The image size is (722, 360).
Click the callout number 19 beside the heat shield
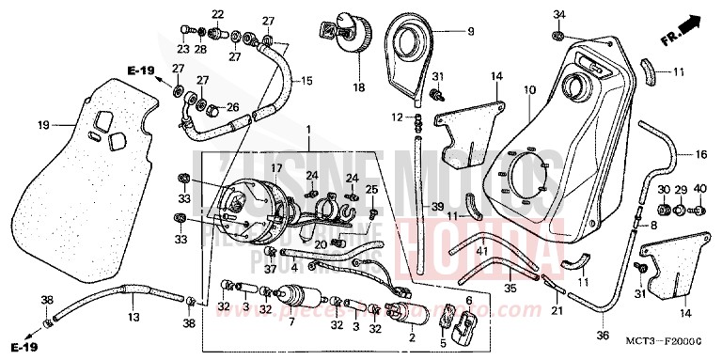[44, 124]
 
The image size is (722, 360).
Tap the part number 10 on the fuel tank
[530, 90]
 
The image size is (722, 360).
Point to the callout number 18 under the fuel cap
[357, 87]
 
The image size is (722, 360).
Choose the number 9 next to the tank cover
[469, 31]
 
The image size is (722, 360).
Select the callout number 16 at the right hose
[700, 154]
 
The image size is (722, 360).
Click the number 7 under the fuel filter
[291, 323]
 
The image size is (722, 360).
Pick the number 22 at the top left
[218, 14]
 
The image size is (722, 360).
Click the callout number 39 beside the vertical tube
[437, 207]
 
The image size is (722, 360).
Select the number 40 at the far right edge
[699, 190]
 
